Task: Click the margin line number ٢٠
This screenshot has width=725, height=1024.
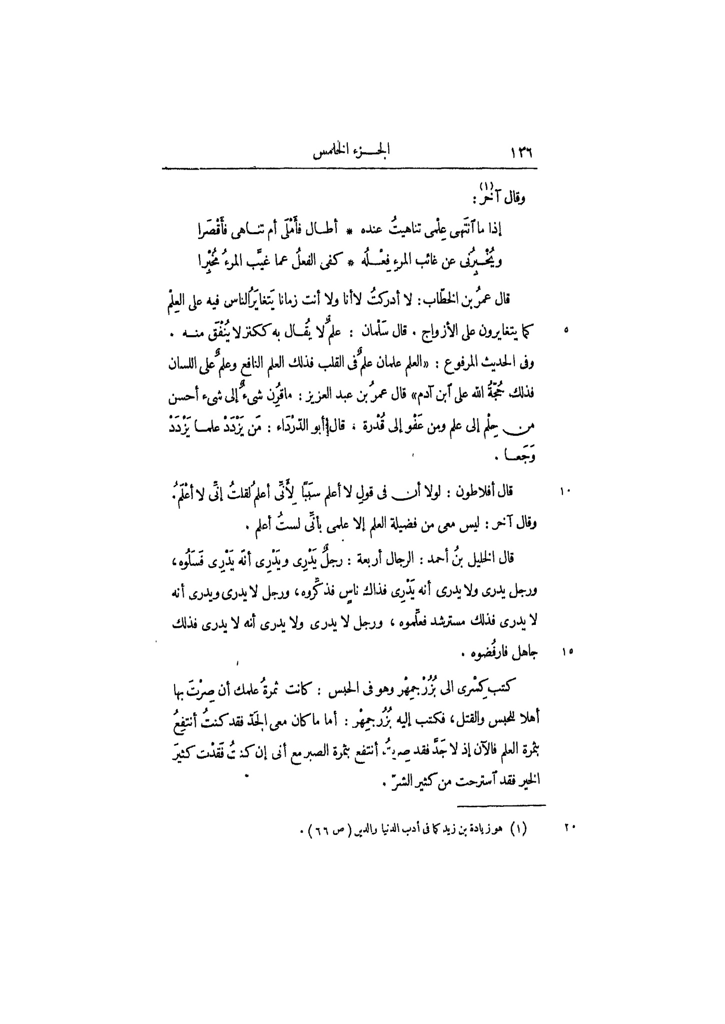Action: (570, 827)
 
